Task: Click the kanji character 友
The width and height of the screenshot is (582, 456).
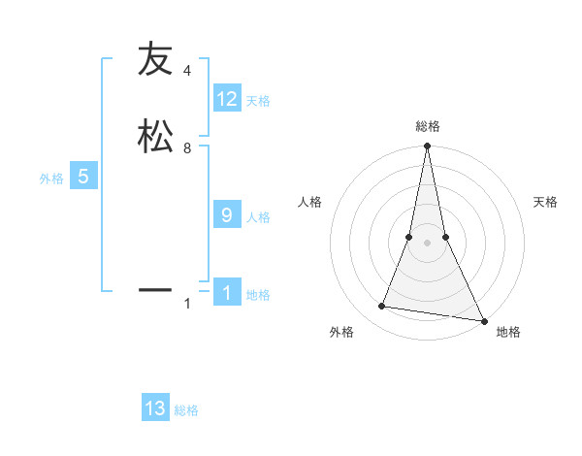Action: (154, 59)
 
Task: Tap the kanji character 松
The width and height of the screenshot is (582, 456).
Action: (154, 136)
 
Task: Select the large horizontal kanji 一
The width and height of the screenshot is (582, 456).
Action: (154, 289)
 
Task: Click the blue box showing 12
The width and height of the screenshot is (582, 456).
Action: (227, 98)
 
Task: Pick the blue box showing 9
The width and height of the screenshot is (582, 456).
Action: (227, 215)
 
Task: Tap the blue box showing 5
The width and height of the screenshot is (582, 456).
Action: (83, 177)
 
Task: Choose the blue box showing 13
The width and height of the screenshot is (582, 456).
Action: (155, 408)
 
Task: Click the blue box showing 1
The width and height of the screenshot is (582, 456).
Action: (227, 293)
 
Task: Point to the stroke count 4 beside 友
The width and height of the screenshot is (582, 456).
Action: (187, 71)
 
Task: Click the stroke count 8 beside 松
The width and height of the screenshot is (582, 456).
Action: (187, 148)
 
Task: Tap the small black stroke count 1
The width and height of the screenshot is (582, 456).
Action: (187, 305)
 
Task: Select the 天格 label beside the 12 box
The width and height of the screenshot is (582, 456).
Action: (258, 101)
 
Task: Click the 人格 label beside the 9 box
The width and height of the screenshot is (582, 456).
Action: (258, 217)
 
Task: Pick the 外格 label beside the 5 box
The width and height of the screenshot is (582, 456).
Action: (51, 179)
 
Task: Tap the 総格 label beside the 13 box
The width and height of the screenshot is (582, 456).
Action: (186, 410)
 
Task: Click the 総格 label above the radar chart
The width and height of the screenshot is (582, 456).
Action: (427, 126)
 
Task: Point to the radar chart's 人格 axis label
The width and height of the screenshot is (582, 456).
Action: (309, 202)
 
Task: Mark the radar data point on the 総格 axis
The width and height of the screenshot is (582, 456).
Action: (427, 147)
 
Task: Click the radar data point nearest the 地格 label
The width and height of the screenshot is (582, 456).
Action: (483, 320)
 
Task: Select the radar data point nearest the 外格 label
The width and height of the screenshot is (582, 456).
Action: (382, 307)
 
